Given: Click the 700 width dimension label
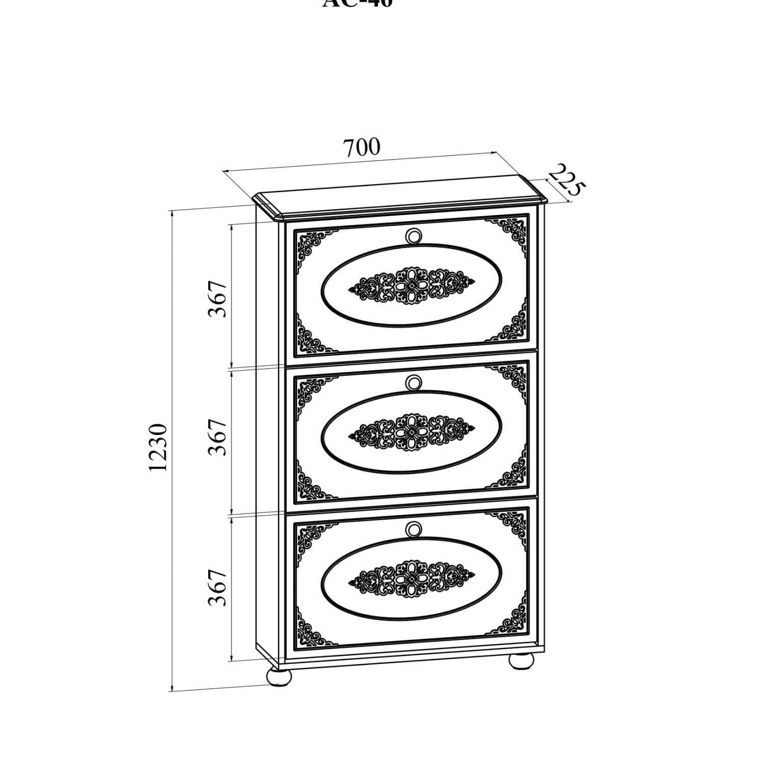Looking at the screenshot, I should coord(361,147).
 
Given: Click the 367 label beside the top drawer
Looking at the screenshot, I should coord(217,298).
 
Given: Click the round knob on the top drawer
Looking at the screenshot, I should coord(414,236).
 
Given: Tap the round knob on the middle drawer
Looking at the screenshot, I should coord(414,381).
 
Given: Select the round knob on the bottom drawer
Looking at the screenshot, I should coord(414,529).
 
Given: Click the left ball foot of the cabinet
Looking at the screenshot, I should coord(279,677).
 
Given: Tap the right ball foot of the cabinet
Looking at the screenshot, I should coord(521,660).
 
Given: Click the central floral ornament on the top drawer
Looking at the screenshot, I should coord(411,286).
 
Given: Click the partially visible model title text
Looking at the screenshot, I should coord(358,3).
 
